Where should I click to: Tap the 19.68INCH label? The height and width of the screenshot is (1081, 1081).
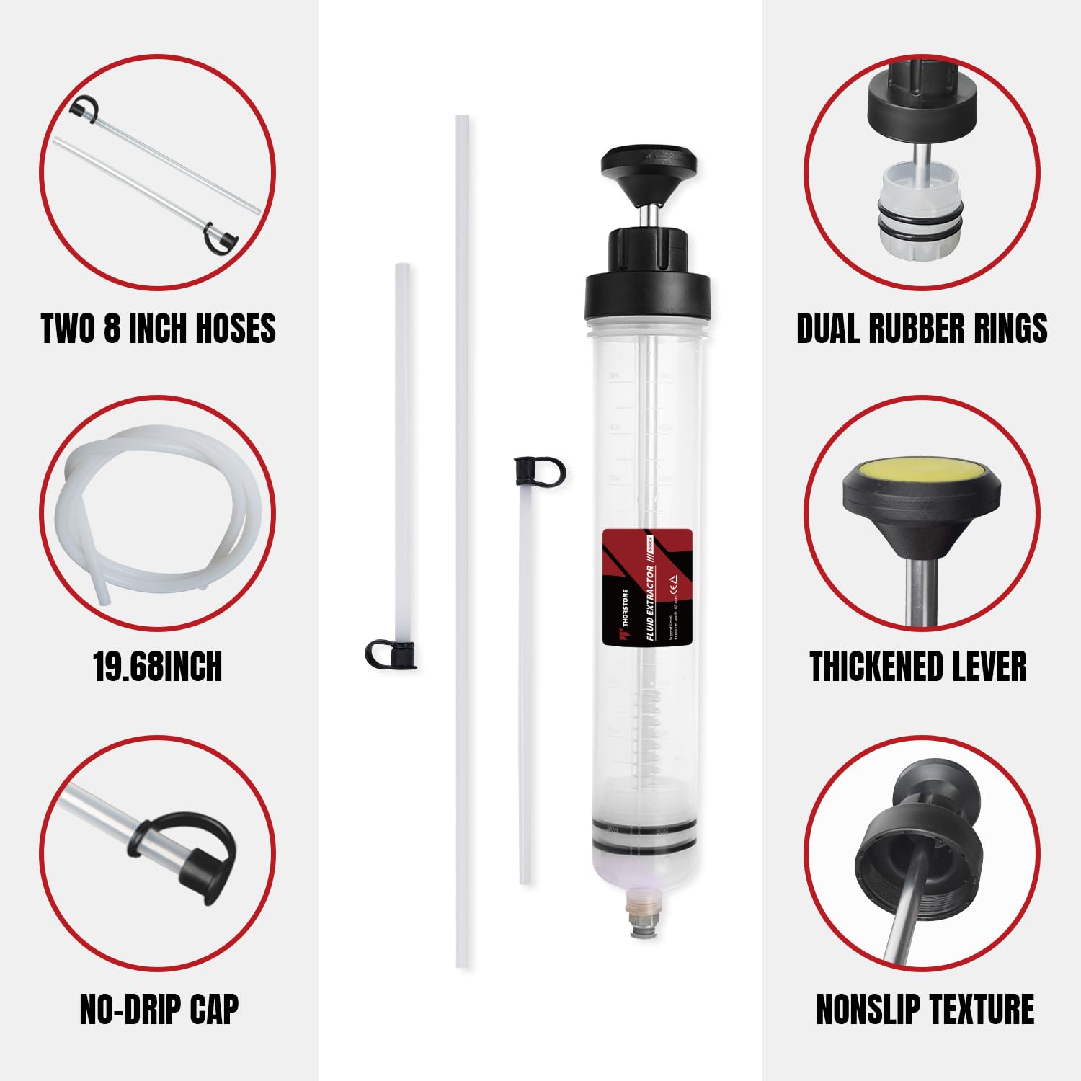[158, 667]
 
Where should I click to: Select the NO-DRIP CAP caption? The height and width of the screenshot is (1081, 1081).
[159, 1009]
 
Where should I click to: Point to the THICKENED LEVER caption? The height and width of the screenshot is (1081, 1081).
[918, 667]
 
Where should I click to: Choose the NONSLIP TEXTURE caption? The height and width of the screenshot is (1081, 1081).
[925, 1009]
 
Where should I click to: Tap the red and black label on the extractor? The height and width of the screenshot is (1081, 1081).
[647, 586]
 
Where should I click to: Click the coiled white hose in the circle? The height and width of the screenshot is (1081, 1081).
[155, 504]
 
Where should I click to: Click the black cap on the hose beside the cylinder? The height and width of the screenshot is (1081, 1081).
[538, 470]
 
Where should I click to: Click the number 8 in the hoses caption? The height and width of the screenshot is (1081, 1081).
[112, 328]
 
